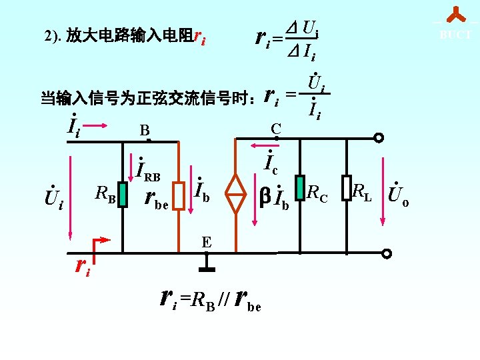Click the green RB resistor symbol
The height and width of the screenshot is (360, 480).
123,195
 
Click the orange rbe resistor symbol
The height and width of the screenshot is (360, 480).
178,195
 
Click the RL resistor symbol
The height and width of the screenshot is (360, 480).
346,188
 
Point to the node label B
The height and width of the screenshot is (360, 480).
144,130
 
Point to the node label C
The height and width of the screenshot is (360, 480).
275,128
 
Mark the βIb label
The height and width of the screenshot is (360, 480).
275,198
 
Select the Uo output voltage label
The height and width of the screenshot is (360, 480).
399,195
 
